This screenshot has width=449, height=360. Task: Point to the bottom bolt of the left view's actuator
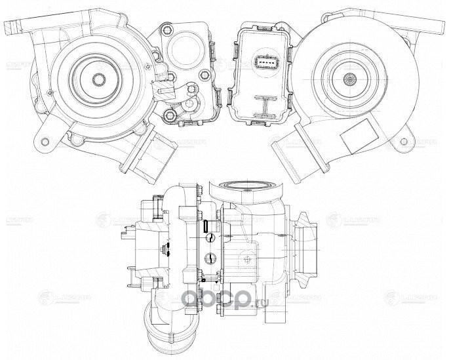(x=170, y=117)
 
